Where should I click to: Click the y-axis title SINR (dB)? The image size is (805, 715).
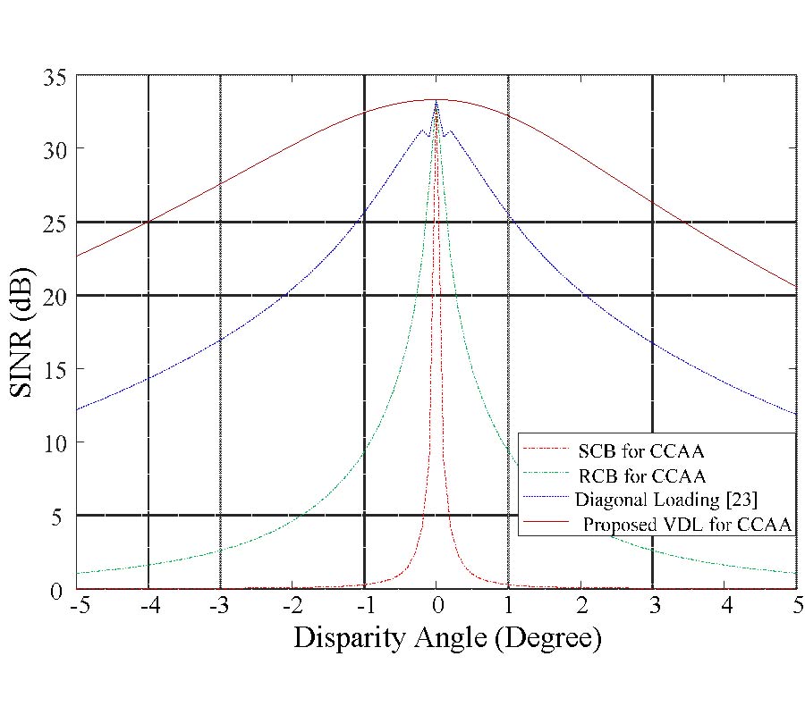tap(27, 332)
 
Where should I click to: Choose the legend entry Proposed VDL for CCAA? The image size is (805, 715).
tap(687, 525)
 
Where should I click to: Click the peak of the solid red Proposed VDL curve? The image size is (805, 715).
tap(436, 99)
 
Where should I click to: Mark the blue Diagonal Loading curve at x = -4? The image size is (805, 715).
tap(148, 378)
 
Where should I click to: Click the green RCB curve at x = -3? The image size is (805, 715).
tap(220, 551)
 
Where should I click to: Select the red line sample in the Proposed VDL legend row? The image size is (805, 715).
tap(547, 525)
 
